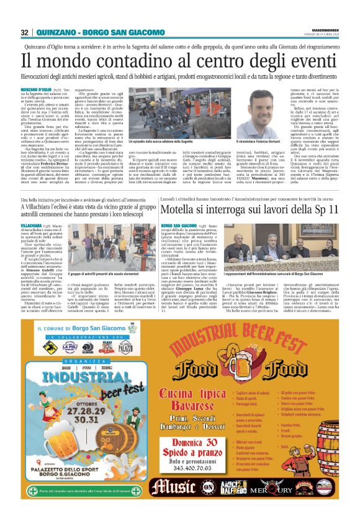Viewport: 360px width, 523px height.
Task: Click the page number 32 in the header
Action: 25,32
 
